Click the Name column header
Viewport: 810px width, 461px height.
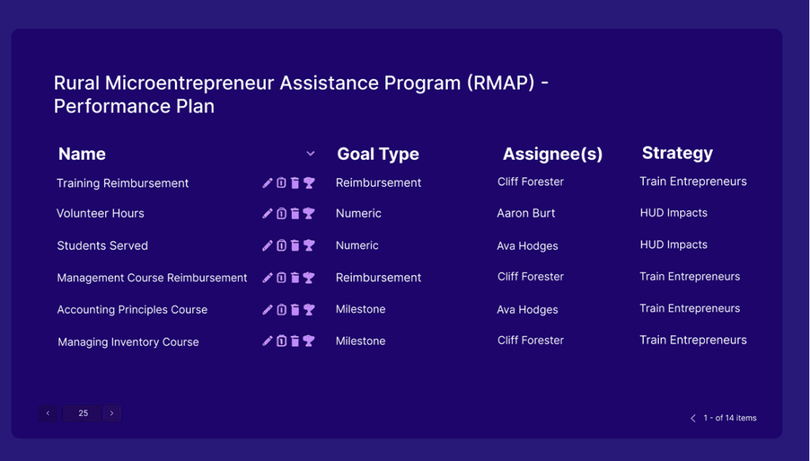[82, 154]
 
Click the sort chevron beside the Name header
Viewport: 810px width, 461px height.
[311, 153]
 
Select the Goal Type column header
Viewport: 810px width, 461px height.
[378, 154]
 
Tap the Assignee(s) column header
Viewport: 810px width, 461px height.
[553, 154]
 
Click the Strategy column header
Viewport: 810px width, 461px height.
[677, 153]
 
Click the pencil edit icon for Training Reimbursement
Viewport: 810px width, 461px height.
[267, 183]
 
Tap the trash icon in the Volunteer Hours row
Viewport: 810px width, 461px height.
[295, 213]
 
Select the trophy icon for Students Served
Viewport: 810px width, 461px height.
[309, 246]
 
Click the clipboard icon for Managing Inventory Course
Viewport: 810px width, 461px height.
[281, 342]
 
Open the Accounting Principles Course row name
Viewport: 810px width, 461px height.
[132, 310]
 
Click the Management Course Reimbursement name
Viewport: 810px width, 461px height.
[152, 278]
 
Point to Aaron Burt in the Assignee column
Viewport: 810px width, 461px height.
[526, 213]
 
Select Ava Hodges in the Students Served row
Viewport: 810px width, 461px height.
[528, 246]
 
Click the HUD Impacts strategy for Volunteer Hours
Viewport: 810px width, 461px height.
[673, 213]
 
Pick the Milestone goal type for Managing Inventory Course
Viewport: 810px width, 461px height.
[361, 342]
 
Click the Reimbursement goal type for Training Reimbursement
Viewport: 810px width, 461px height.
[378, 183]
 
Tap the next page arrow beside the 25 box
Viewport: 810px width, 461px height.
[112, 413]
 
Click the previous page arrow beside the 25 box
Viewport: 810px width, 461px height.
[47, 413]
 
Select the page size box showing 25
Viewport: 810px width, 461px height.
[83, 413]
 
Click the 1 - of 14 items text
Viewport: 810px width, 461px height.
[729, 418]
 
